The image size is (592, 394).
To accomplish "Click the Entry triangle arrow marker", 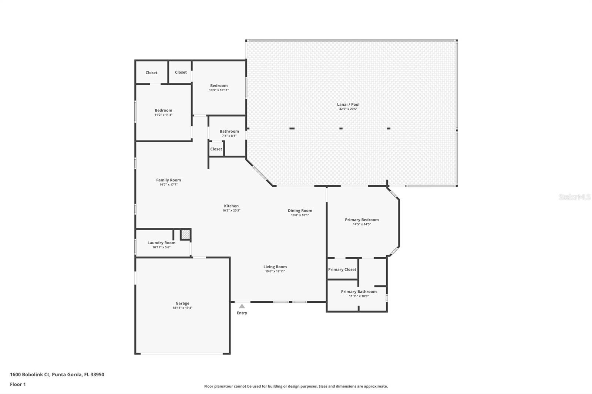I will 242,306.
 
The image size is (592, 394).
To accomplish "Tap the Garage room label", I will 182,303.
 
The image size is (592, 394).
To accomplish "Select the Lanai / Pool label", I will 348,105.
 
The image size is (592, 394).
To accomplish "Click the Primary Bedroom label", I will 361,220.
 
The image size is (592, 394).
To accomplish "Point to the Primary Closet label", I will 342,269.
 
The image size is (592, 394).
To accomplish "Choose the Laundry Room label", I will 161,243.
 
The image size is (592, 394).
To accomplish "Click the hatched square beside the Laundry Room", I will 185,234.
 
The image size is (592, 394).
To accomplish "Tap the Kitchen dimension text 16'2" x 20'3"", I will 231,211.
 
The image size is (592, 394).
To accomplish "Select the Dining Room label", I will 300,211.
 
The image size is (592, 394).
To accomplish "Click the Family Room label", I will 168,180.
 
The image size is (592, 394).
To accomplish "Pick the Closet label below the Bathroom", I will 216,149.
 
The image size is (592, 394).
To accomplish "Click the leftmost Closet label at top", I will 151,73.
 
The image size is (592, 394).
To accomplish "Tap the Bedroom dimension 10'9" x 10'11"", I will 219,90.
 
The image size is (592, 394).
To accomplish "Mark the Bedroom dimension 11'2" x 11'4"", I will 163,115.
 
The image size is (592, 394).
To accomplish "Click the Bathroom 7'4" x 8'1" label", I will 229,132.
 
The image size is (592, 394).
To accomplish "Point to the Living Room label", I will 275,267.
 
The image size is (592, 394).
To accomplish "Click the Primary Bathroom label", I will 359,292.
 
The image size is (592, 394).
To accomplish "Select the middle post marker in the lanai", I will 341,129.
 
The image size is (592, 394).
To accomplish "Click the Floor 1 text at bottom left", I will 18,384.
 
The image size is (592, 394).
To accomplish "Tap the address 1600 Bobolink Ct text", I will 57,374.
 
